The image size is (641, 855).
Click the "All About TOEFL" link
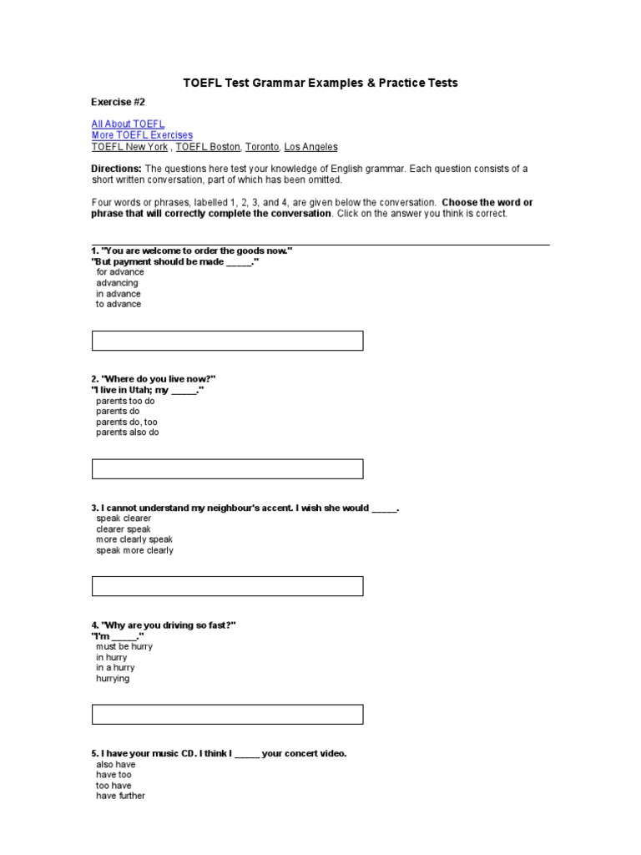(x=128, y=124)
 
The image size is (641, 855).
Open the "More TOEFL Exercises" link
(x=142, y=135)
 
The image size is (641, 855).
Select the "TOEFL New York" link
(x=129, y=147)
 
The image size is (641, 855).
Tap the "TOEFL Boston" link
(x=208, y=147)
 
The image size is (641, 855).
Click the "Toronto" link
(x=262, y=147)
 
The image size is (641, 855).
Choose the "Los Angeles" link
(x=310, y=147)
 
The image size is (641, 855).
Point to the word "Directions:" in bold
(x=117, y=169)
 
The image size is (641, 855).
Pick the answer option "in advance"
(x=119, y=294)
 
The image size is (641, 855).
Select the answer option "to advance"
(x=119, y=305)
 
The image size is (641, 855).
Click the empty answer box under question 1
(x=227, y=341)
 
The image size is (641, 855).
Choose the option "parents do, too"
(x=127, y=422)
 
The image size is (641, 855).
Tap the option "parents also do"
(x=128, y=433)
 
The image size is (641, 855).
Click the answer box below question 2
(x=227, y=469)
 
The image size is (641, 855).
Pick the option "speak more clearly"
(x=135, y=551)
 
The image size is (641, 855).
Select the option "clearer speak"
(x=124, y=529)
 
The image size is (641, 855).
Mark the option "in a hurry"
(x=115, y=668)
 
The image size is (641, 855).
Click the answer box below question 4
(x=227, y=715)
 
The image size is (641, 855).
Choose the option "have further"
(x=121, y=797)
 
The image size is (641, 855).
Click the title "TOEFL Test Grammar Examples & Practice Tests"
(x=320, y=83)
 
